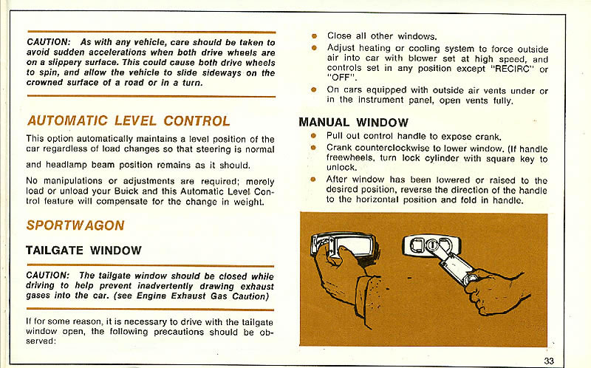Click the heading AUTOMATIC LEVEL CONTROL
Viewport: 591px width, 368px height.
click(x=129, y=120)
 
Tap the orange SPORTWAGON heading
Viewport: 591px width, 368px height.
click(x=75, y=225)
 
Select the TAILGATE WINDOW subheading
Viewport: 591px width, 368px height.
click(x=83, y=251)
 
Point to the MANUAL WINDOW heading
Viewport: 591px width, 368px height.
click(x=353, y=122)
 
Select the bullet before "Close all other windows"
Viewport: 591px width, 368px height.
click(x=314, y=35)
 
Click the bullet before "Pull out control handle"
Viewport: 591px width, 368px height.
click(x=314, y=136)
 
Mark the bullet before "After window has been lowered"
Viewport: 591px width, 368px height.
click(x=314, y=180)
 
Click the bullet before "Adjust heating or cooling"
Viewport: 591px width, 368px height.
click(x=314, y=48)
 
